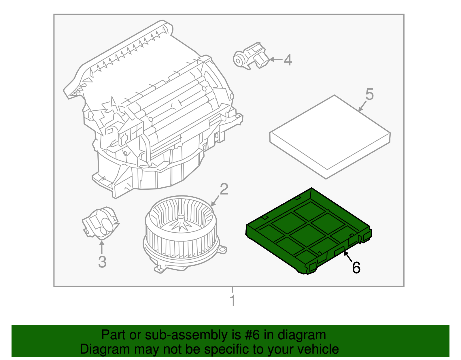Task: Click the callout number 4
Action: coord(288,60)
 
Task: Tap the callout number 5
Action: coord(369,94)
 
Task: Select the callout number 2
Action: coord(224,189)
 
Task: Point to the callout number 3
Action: coord(102,262)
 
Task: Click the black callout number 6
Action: coord(356,268)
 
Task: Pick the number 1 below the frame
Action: coord(233,301)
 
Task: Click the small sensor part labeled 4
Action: coord(250,56)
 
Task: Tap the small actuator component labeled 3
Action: coord(100,223)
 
